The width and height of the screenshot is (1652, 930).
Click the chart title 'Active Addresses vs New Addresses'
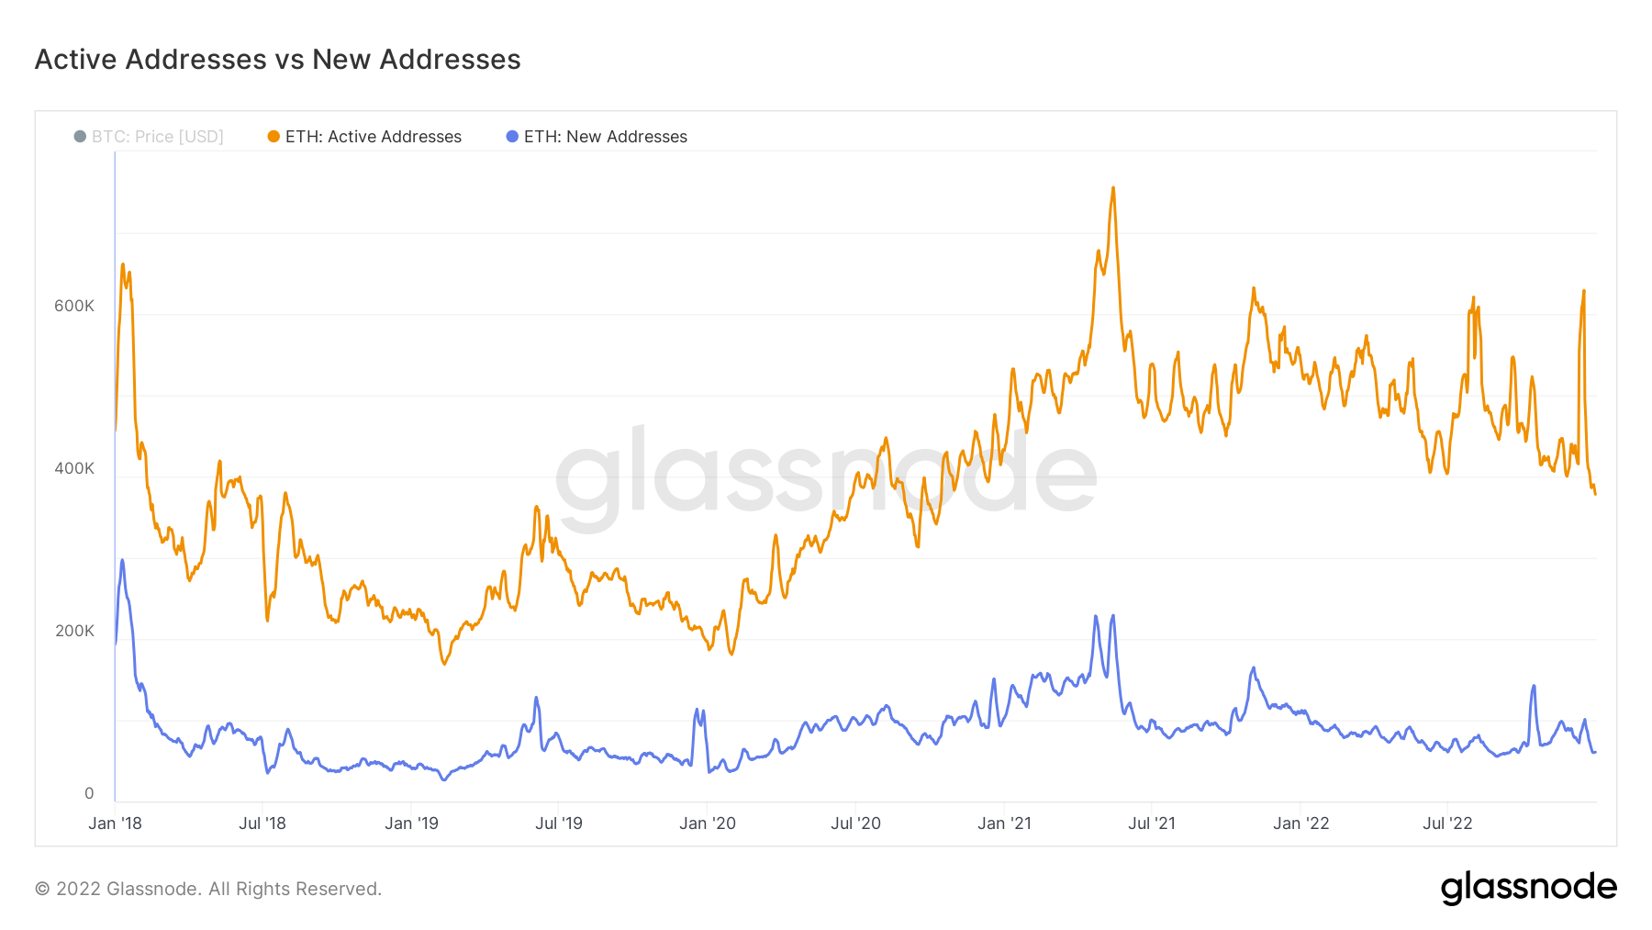(277, 60)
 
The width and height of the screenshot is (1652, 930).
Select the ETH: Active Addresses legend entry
(373, 137)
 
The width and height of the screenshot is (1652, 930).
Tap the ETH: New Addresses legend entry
(605, 137)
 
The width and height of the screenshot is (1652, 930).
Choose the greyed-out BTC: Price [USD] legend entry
(157, 137)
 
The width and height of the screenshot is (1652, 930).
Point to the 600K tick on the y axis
(74, 306)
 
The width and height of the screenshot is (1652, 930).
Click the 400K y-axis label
(74, 468)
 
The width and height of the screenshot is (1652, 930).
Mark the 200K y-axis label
(74, 631)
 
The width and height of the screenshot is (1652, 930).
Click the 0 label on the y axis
(89, 793)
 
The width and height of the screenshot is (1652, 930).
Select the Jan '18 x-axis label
(115, 824)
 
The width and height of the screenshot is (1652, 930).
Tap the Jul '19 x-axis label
(559, 824)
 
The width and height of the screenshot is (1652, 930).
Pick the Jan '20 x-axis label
(708, 824)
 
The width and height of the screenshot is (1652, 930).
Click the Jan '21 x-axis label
(1004, 824)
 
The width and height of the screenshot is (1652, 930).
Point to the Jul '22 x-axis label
(1447, 824)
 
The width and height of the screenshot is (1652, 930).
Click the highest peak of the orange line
(1113, 188)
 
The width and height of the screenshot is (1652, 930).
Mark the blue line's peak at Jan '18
(122, 560)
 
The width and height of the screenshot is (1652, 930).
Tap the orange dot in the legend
(273, 137)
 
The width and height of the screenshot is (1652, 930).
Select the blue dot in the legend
(512, 137)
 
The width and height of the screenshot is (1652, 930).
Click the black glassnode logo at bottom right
(1528, 888)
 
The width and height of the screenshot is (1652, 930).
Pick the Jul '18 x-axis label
(262, 824)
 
